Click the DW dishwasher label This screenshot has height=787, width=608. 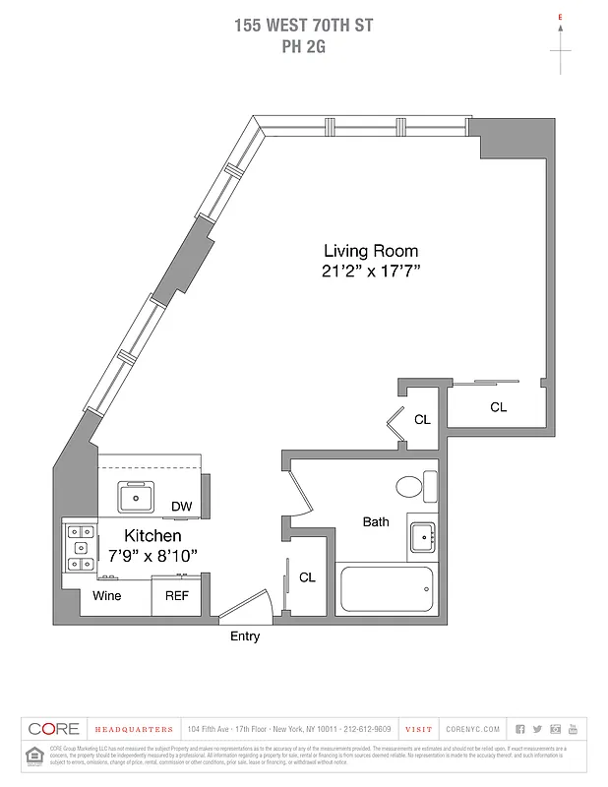point(181,507)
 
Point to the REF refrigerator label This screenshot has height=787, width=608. point(177,596)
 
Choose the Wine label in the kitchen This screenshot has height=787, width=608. point(107,596)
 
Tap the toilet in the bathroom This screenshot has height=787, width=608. point(414,485)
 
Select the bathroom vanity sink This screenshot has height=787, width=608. point(425,537)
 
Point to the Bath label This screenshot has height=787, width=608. point(376,522)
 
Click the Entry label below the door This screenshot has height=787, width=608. point(245,636)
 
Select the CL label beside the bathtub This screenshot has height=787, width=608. point(307,577)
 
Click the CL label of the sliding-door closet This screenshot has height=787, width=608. point(498,406)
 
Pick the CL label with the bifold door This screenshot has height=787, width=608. point(422,420)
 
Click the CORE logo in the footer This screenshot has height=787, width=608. point(54,729)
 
